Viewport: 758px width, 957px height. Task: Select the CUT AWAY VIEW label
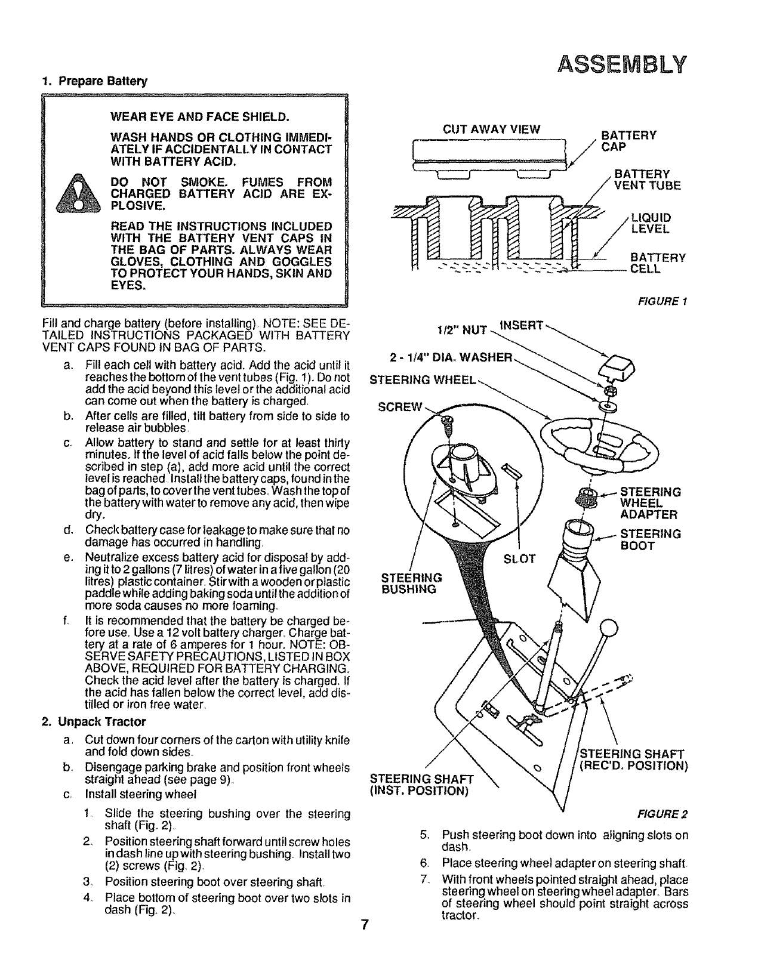coord(491,129)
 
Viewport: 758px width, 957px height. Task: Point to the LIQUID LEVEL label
coord(651,223)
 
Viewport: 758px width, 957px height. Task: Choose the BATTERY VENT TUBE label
coord(647,180)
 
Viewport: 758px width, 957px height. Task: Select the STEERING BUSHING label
coord(411,584)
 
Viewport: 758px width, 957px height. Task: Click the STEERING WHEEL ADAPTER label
coord(650,504)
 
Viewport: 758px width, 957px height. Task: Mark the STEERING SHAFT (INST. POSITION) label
coord(421,785)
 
